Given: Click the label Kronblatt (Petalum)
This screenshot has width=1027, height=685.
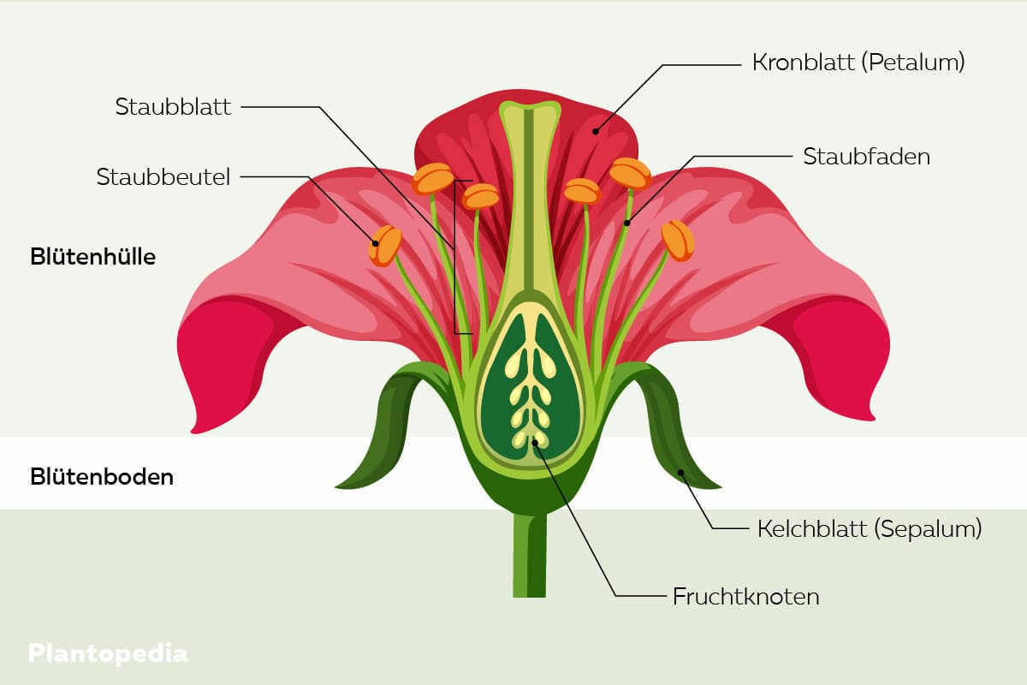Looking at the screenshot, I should coord(858,63).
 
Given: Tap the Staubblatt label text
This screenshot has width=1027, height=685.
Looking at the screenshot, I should coord(174,107).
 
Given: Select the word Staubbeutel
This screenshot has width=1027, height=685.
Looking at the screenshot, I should coord(163,177).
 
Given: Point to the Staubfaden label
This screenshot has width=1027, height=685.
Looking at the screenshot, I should coord(866,157).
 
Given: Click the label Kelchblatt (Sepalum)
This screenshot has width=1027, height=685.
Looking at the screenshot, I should coord(869,528).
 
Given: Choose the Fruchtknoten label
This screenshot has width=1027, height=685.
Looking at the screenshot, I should coord(745,596).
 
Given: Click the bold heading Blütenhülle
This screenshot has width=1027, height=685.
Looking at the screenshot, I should coord(92,256).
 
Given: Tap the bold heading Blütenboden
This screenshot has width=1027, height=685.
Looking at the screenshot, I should coord(102,477).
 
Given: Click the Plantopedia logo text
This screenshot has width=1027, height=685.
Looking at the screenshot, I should coord(108,653).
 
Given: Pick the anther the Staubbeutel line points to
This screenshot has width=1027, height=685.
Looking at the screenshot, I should coord(385,245).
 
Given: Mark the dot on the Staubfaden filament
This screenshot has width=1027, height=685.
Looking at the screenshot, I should coord(626,223).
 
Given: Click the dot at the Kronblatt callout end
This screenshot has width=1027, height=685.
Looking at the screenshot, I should coord(596,132).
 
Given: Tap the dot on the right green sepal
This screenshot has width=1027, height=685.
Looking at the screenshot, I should coord(681,472).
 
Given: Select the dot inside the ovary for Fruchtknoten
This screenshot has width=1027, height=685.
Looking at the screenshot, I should coord(536,442).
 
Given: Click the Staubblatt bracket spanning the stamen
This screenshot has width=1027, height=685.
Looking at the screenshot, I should coord(455,257).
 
